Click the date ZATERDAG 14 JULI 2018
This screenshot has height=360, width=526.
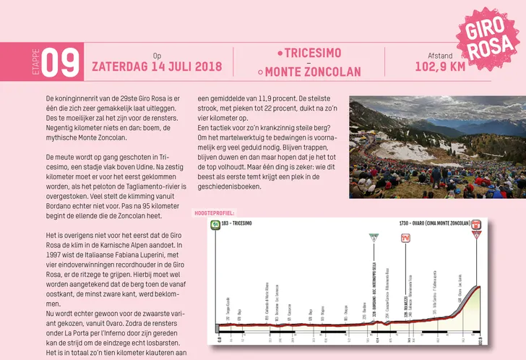[156, 67]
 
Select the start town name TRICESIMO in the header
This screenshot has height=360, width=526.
[313, 54]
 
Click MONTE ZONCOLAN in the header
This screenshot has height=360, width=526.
[313, 72]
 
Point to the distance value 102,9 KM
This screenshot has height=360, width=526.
[439, 67]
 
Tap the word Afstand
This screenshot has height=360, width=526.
[439, 56]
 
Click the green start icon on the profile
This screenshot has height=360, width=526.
[215, 224]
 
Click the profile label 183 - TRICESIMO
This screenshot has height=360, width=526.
[237, 224]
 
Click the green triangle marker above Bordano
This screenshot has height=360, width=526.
[374, 237]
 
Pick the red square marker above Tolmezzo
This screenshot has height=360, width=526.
[406, 237]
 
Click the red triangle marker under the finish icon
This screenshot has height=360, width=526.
[476, 233]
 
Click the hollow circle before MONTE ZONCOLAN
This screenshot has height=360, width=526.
[260, 72]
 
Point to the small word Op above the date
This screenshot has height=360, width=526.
[157, 56]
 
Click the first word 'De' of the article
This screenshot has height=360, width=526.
[49, 97]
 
